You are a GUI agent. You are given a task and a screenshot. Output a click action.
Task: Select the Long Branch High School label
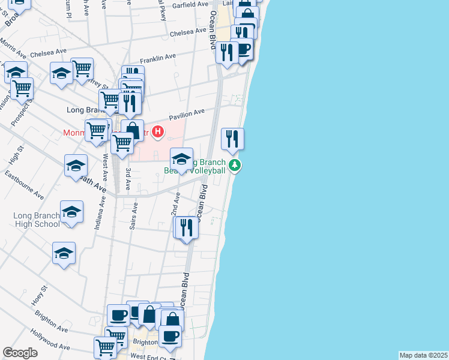point(37,220)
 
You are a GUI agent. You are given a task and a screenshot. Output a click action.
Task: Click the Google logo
point(20,353)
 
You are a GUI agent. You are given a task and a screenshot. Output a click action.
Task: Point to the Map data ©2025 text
point(423,355)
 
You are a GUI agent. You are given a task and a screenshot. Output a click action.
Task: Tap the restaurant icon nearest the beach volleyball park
point(232,139)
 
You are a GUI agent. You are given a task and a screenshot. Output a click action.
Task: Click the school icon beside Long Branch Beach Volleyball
point(181,159)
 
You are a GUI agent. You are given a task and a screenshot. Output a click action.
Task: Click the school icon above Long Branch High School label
point(71,212)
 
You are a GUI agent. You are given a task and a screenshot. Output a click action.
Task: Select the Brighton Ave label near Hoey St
point(51,321)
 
